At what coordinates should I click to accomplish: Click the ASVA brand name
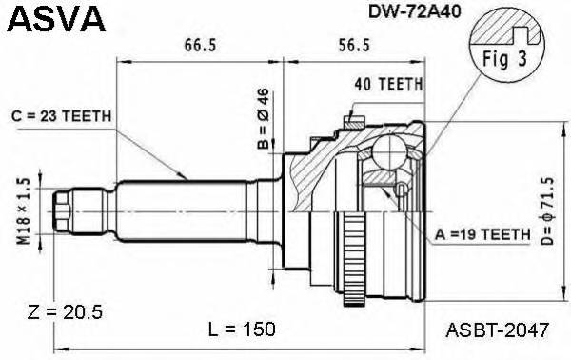(x=47, y=19)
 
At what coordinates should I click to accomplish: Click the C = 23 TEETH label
(x=64, y=116)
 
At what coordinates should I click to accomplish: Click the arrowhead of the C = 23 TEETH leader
(x=187, y=179)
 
